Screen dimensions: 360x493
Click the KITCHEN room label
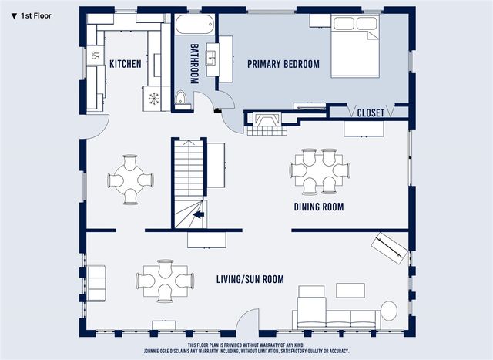tap(125, 64)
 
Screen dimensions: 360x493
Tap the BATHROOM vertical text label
tap(195, 63)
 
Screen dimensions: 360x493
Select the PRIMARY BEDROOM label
tap(283, 64)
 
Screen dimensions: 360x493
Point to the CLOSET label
tap(371, 113)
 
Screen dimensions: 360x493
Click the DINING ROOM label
tap(318, 207)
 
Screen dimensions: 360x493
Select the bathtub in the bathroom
tap(195, 25)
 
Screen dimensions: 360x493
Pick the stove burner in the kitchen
tap(153, 99)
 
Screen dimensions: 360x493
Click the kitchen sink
tap(96, 55)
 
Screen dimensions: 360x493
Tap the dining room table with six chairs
tap(317, 171)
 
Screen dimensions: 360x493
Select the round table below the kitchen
tap(130, 180)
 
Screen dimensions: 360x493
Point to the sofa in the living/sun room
tap(334, 315)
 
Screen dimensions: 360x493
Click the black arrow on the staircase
tap(198, 216)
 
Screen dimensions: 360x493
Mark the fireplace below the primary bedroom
tap(267, 121)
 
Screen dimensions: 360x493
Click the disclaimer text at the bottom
tap(268, 348)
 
